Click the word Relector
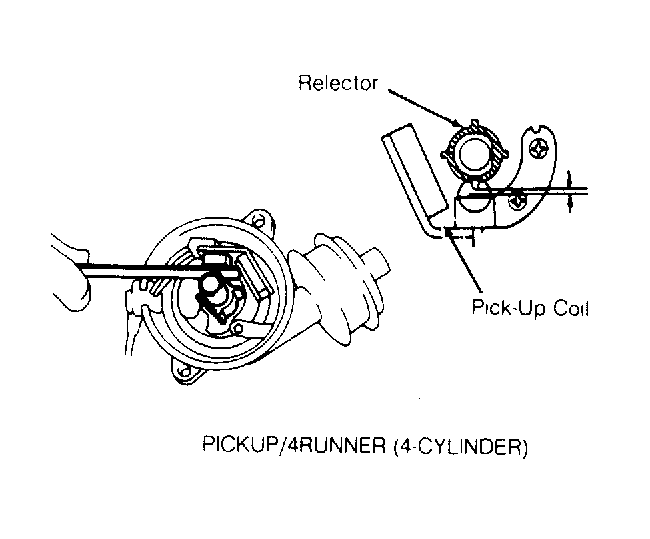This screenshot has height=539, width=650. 338,83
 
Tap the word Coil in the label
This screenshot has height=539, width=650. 572,308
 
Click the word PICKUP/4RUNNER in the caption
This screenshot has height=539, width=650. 294,444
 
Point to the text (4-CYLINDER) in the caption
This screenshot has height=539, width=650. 460,447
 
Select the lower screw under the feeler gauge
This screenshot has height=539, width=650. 517,202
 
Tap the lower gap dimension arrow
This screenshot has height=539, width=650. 570,203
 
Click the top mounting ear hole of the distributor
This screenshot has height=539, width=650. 260,221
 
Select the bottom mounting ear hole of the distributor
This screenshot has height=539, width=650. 184,370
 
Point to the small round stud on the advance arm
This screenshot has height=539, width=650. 238,329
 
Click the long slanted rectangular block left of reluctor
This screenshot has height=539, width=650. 415,171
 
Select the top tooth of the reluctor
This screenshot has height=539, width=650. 475,124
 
